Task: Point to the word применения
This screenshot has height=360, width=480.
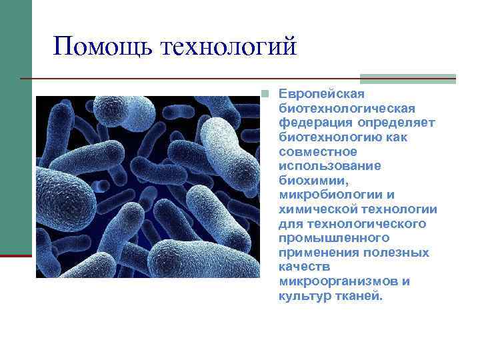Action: (x=319, y=253)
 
